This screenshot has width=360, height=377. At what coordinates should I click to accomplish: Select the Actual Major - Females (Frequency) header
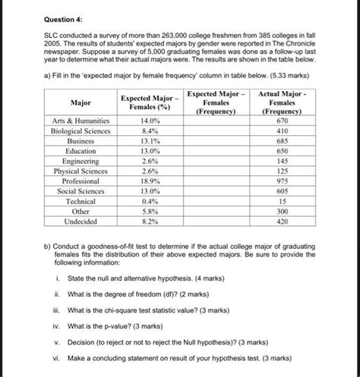click(283, 102)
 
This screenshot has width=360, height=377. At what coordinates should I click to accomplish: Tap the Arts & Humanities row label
click(81, 121)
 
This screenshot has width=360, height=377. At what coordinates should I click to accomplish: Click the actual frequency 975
click(283, 182)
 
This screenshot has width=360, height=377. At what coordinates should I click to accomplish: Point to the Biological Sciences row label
click(81, 131)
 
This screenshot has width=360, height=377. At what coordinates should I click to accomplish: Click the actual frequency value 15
click(283, 202)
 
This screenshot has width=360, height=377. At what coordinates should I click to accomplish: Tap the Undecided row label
click(81, 222)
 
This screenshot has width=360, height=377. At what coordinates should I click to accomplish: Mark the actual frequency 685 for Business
click(283, 141)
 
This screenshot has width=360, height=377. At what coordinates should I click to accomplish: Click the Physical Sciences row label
click(81, 171)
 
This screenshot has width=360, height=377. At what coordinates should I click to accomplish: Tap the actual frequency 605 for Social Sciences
click(283, 192)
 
